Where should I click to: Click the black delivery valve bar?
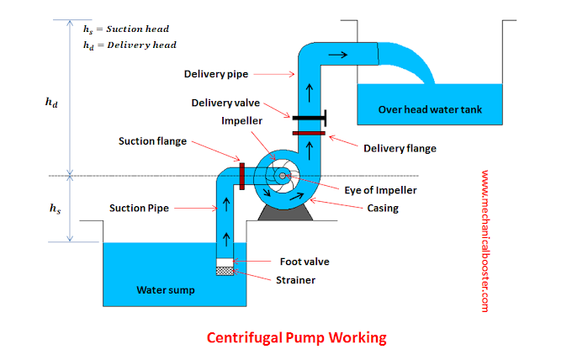click(x=309, y=118)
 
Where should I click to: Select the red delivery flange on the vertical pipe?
click(x=309, y=134)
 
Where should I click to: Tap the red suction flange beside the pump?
click(x=242, y=177)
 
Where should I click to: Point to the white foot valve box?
click(x=225, y=262)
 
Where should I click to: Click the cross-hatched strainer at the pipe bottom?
click(x=225, y=271)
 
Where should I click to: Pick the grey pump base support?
click(x=285, y=213)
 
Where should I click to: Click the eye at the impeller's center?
click(x=283, y=176)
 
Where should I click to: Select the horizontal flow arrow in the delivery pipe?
click(x=338, y=55)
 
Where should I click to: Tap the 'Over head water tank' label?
click(x=430, y=109)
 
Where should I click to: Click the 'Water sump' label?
click(x=166, y=290)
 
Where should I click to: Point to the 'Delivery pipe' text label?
click(x=216, y=74)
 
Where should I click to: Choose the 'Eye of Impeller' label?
click(x=380, y=190)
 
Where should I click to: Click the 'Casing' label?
click(x=383, y=209)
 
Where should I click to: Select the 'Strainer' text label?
click(x=295, y=280)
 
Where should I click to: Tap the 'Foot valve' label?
click(x=305, y=262)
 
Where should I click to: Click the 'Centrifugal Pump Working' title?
click(x=297, y=338)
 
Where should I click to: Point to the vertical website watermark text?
click(x=485, y=241)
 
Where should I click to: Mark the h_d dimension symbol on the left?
click(x=51, y=103)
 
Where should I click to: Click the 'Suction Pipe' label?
click(x=139, y=209)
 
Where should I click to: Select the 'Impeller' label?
click(x=242, y=121)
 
